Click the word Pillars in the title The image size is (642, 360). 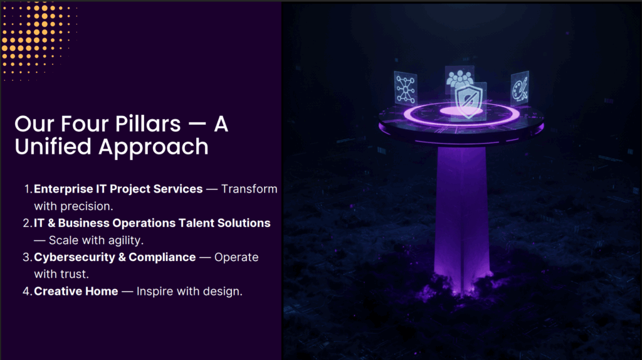148,124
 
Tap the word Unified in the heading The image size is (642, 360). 53,147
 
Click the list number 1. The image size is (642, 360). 28,189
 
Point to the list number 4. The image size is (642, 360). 27,291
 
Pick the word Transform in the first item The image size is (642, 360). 250,189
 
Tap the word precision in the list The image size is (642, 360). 87,206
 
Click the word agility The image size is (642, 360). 125,240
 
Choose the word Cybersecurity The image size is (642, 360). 75,258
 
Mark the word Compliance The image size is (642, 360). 162,258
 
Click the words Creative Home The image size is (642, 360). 76,291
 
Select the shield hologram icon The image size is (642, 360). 469,101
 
